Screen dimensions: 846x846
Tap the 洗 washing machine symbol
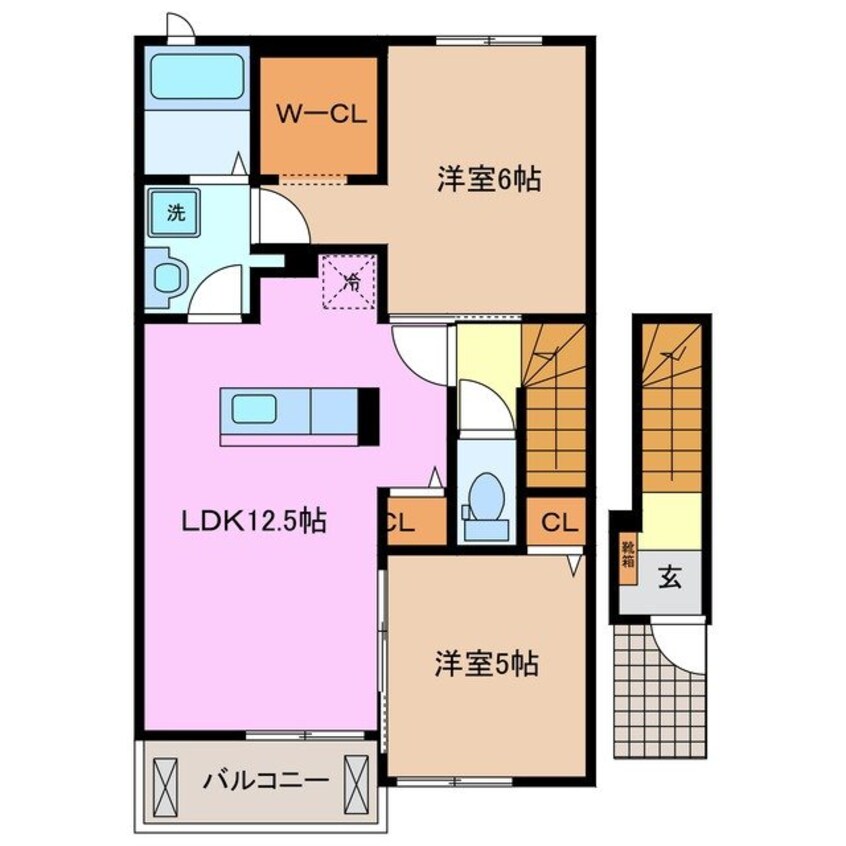175,212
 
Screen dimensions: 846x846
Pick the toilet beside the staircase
486,494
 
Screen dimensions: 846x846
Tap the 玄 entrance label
668,578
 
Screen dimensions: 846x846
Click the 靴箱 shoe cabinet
628,554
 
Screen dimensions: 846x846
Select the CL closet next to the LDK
411,520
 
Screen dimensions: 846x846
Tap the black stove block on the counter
368,414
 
